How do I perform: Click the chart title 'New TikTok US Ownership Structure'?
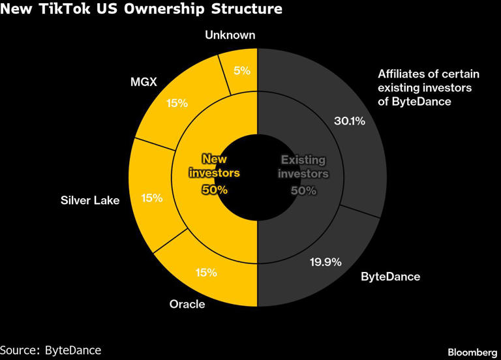(x=142, y=9)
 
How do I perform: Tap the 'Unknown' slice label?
(x=230, y=35)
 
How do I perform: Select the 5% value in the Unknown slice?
(x=241, y=70)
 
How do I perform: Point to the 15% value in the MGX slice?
(x=177, y=102)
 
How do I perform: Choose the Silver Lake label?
(x=90, y=200)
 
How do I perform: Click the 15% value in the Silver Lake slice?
(x=152, y=197)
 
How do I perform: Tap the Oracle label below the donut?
(x=187, y=304)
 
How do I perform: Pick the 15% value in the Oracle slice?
(x=206, y=273)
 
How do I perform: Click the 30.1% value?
(x=349, y=121)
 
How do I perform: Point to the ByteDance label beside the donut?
(x=390, y=277)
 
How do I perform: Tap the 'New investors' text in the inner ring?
(x=215, y=166)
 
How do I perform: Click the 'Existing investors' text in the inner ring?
(x=303, y=167)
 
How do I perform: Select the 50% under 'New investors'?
(x=215, y=190)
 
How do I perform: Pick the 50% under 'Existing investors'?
(x=303, y=190)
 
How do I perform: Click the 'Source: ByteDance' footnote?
(x=51, y=350)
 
